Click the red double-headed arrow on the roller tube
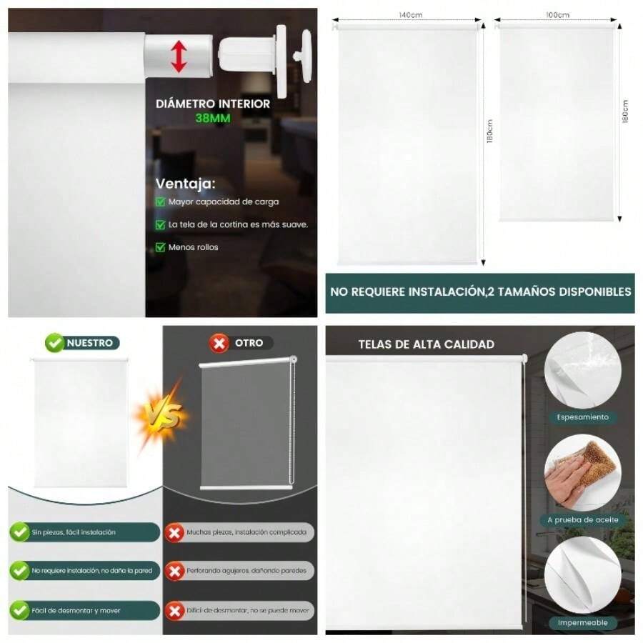(x=179, y=56)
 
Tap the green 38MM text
(x=213, y=119)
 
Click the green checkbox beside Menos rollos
(x=161, y=247)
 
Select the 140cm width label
(x=412, y=15)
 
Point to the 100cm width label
(x=558, y=15)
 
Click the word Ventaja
(x=185, y=184)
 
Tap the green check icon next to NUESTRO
(x=54, y=343)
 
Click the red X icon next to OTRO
(x=219, y=343)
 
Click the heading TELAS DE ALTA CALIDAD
(x=426, y=344)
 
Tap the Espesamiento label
(x=583, y=417)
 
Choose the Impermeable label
(x=583, y=623)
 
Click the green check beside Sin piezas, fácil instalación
(x=19, y=532)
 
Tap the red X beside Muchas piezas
(x=173, y=532)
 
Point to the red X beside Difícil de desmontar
(x=173, y=611)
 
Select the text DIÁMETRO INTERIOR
(x=213, y=104)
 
